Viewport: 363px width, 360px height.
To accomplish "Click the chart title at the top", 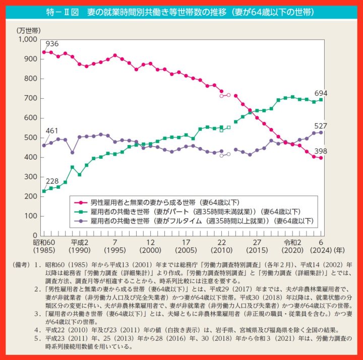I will (x=181, y=12).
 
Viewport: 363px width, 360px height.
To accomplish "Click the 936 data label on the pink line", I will (x=53, y=44).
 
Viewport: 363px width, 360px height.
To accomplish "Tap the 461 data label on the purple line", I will (x=52, y=131).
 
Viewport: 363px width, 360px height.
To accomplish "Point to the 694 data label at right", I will (x=322, y=94).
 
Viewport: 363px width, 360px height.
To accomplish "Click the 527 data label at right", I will (x=322, y=126).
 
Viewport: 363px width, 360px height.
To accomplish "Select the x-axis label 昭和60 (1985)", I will (x=44, y=246).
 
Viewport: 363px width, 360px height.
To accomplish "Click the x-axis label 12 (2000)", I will (x=151, y=246).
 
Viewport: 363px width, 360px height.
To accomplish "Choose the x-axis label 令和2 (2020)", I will (x=292, y=246).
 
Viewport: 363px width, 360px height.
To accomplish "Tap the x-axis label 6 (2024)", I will (x=321, y=246).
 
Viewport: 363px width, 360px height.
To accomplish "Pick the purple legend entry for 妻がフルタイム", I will (x=202, y=221).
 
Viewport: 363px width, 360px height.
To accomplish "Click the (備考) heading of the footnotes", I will (x=24, y=264).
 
